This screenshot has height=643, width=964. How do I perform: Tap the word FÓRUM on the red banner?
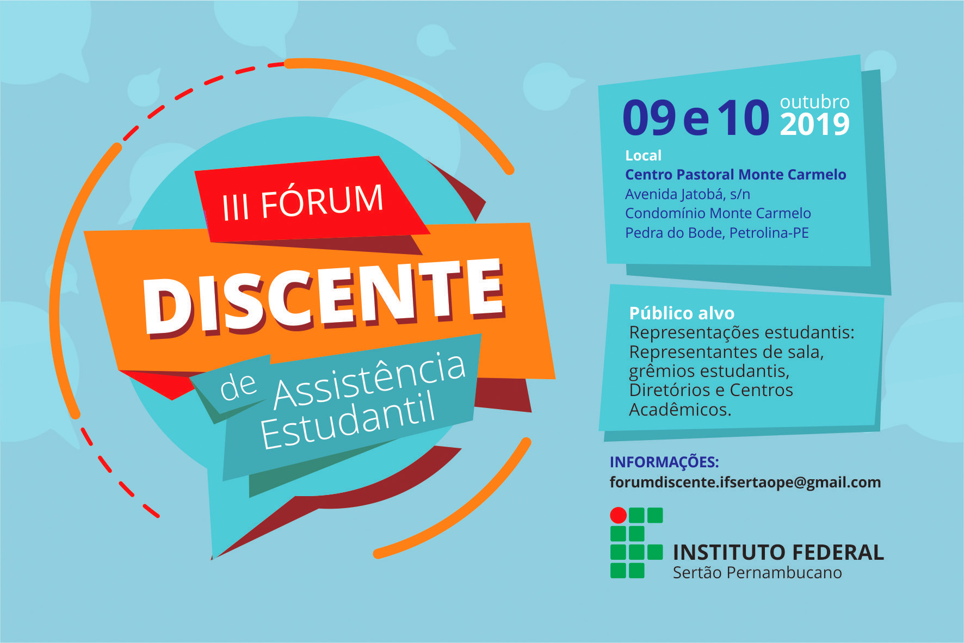point(322,201)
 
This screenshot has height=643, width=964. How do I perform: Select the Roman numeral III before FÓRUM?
point(236,206)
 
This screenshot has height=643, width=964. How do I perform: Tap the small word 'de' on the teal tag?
point(238,386)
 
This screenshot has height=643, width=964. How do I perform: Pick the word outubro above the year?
point(814,102)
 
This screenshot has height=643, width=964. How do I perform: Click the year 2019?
point(814,125)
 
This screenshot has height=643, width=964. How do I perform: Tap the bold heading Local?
point(643,156)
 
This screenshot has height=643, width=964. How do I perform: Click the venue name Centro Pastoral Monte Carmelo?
point(736,175)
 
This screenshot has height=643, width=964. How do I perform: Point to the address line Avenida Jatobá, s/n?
point(688,194)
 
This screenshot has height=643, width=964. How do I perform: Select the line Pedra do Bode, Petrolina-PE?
point(717,233)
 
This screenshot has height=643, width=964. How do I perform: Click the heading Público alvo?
point(682,313)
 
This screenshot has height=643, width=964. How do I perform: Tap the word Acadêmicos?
point(680,409)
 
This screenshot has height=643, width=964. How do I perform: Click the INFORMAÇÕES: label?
point(664,462)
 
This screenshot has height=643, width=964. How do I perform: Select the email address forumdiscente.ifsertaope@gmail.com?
point(745,483)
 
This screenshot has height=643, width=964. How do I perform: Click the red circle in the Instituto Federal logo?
point(618,515)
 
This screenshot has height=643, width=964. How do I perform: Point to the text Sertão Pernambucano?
point(757,573)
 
